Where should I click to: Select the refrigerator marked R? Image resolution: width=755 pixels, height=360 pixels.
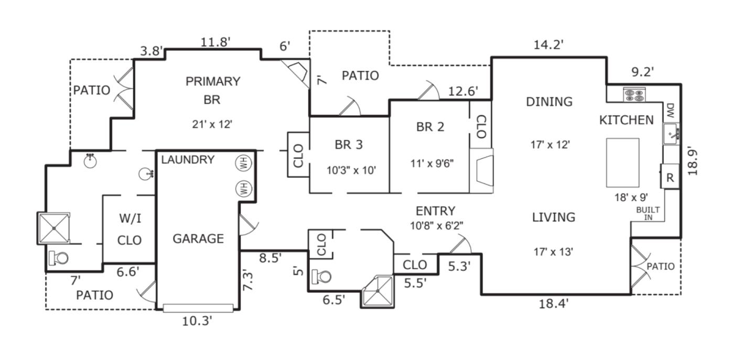(x=670, y=177)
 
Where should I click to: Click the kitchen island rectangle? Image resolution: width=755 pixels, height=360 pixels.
(x=622, y=162)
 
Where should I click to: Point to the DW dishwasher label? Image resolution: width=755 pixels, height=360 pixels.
(x=670, y=111)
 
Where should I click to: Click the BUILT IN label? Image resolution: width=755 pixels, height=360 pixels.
(x=648, y=213)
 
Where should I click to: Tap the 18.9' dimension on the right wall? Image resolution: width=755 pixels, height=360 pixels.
(x=693, y=160)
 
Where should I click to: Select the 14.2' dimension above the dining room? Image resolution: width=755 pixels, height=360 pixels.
(x=548, y=45)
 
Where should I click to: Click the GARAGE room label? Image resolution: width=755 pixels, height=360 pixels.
(x=198, y=239)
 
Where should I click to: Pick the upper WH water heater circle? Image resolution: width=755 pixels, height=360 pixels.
(x=244, y=163)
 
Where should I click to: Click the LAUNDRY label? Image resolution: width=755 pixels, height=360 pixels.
(x=188, y=160)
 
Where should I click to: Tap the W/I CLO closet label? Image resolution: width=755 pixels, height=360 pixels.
(x=130, y=229)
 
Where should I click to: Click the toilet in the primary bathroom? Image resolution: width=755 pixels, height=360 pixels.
(x=59, y=258)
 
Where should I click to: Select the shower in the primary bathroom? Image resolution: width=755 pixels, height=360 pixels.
(x=54, y=227)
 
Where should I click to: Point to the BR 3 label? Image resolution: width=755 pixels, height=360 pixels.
(x=349, y=145)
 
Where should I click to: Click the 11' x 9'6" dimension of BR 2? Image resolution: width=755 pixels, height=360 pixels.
(x=432, y=163)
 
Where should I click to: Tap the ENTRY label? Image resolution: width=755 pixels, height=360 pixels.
(x=435, y=211)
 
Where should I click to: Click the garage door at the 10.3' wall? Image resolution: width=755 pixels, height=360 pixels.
(x=198, y=308)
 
